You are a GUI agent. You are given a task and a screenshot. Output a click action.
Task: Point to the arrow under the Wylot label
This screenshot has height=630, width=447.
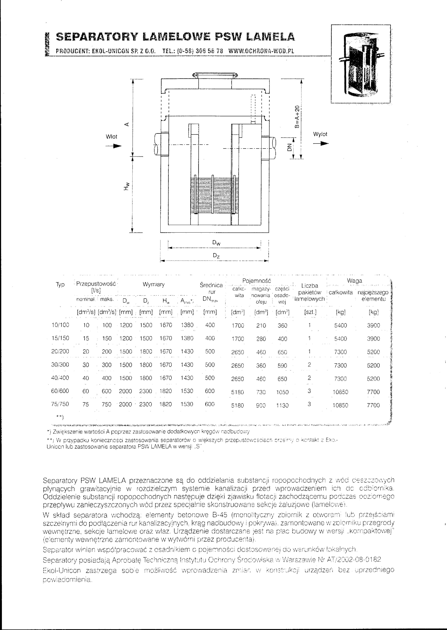click(321, 144)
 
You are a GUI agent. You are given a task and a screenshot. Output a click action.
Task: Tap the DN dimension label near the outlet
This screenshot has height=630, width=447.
click(289, 148)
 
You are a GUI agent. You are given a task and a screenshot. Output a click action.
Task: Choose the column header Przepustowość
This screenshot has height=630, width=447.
click(96, 284)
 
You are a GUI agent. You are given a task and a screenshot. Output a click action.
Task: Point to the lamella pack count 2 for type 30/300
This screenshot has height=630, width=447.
click(309, 365)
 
